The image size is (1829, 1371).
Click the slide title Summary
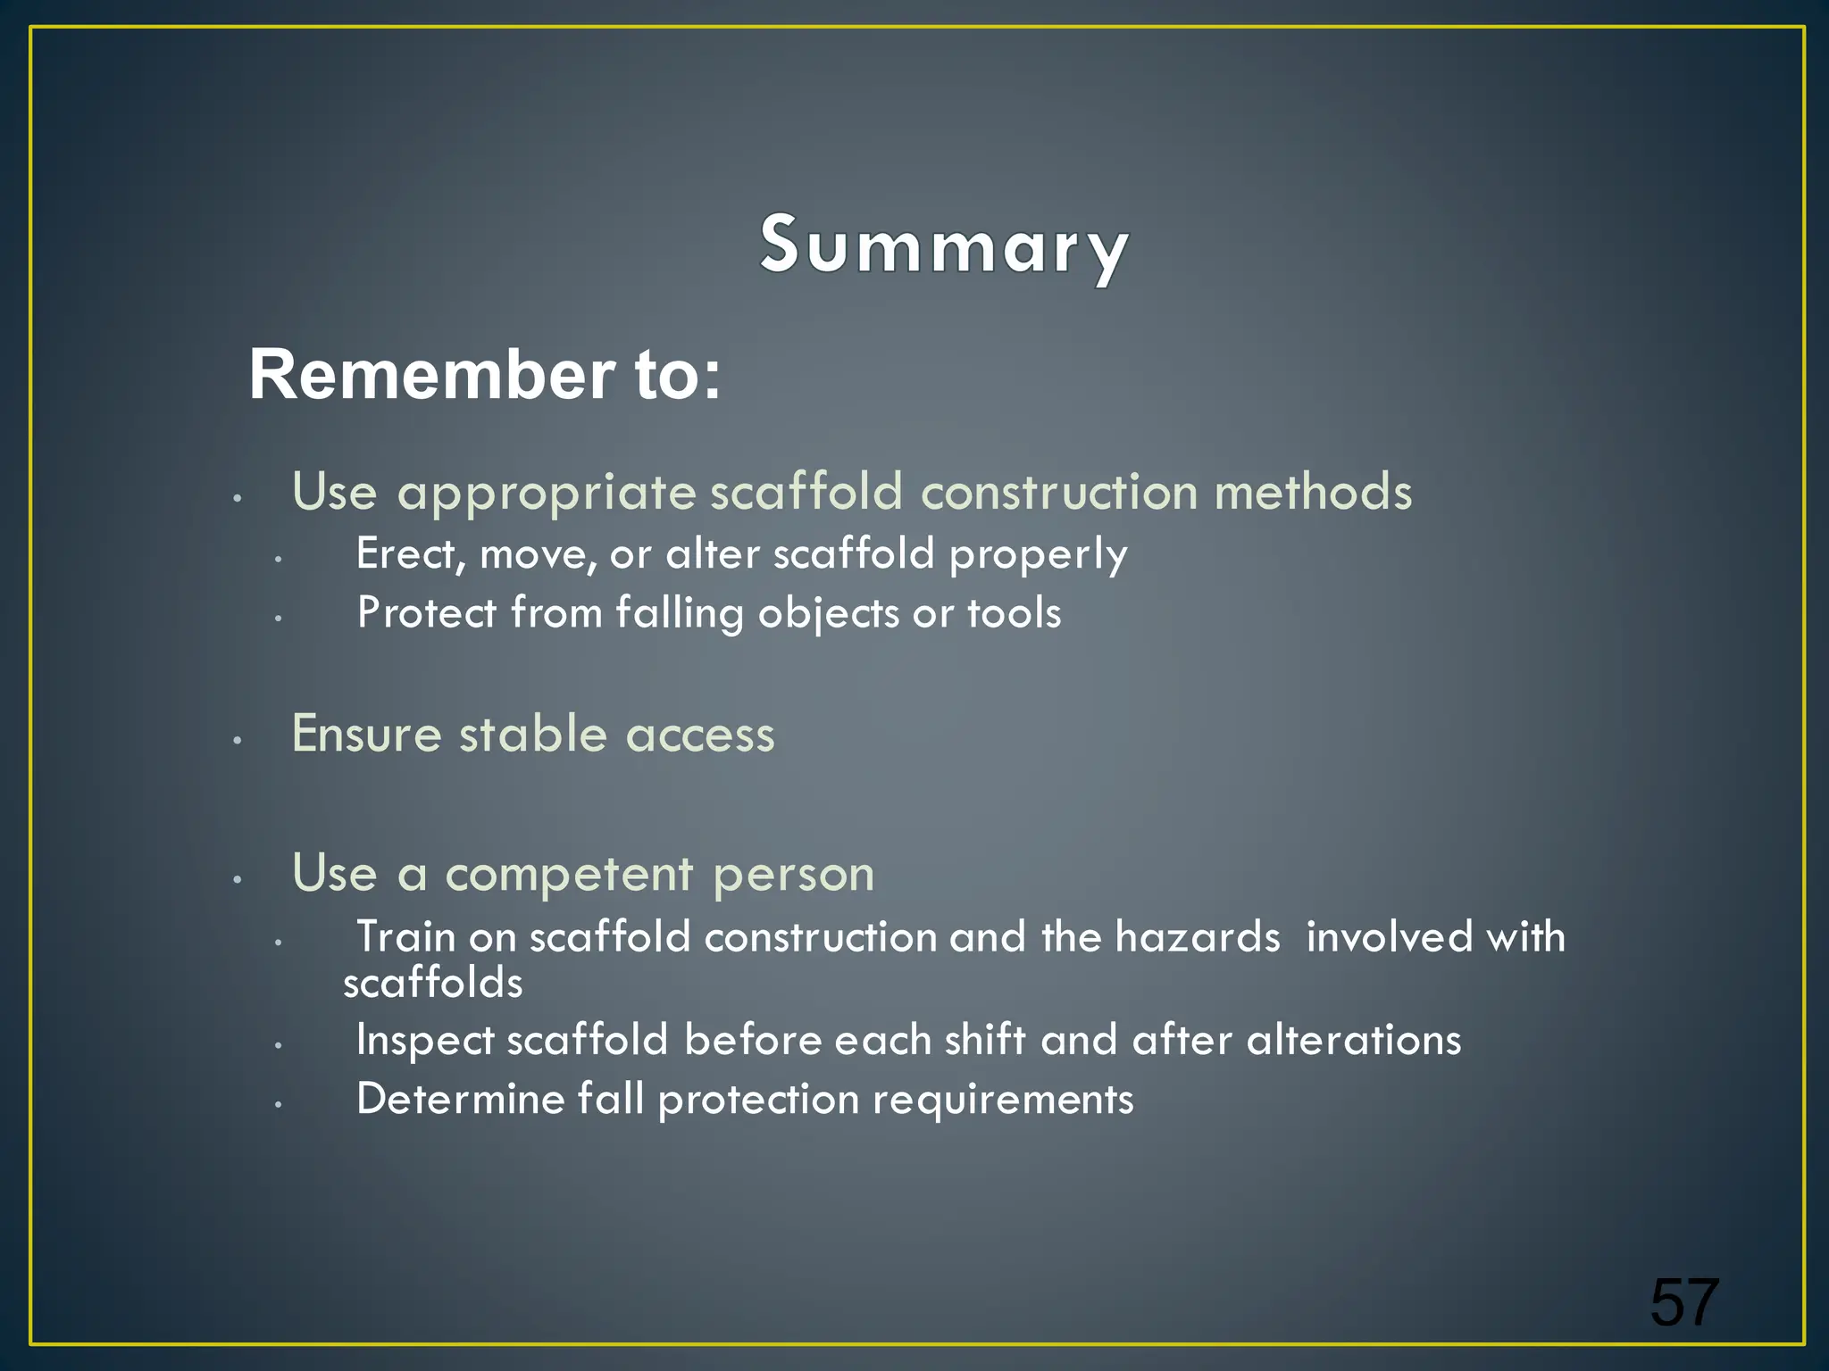944,245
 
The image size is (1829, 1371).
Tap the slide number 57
1683,1302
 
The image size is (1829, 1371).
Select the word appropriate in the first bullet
546,493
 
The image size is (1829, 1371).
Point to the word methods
1313,492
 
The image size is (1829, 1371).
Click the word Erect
410,554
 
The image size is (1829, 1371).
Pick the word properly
1038,555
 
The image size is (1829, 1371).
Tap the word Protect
426,613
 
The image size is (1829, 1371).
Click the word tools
1015,613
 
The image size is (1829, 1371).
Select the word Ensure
367,734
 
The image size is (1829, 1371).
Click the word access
699,735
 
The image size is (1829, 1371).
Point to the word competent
569,873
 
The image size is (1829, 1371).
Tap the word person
793,875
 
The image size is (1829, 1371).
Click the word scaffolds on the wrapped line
433,983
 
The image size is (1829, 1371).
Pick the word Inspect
424,1041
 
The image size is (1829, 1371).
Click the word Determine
460,1099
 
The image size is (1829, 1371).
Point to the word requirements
1002,1100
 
